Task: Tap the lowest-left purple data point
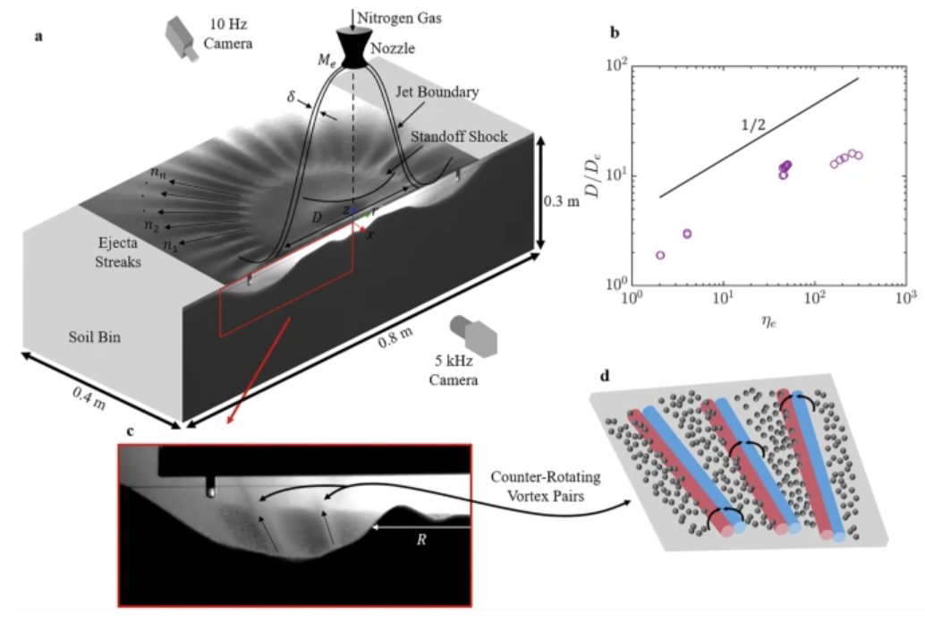point(660,255)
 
